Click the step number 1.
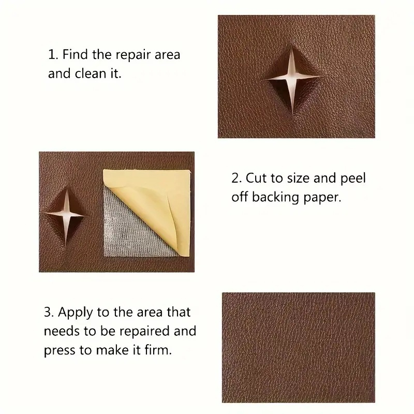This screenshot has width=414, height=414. (x=52, y=55)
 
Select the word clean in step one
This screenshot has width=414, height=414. (x=90, y=73)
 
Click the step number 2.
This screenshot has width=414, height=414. (x=236, y=178)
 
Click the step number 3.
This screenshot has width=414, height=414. (x=49, y=312)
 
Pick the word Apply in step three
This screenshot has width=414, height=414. (x=76, y=313)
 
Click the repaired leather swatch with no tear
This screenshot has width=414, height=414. (x=299, y=347)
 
